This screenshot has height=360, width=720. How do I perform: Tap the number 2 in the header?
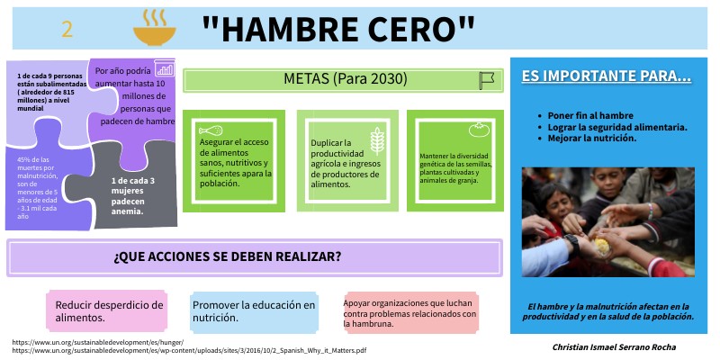pyautogui.click(x=67, y=30)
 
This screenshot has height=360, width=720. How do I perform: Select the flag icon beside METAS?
pyautogui.click(x=487, y=80)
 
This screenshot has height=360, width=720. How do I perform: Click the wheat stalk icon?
pyautogui.click(x=378, y=140)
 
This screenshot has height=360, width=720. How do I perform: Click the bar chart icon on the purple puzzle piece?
pyautogui.click(x=164, y=67)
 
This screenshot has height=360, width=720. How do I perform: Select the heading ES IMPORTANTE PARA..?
pyautogui.click(x=606, y=77)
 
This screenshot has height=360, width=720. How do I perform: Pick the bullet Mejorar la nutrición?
pyautogui.click(x=592, y=138)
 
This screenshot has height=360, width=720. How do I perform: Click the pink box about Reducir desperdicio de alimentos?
pyautogui.click(x=106, y=310)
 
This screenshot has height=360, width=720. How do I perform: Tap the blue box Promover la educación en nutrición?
pyautogui.click(x=254, y=310)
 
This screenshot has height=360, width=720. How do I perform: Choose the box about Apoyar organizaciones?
pyautogui.click(x=410, y=310)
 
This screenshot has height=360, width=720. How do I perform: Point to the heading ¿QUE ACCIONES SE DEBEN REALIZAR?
pyautogui.click(x=227, y=257)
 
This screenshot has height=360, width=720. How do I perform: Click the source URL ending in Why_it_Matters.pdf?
pyautogui.click(x=189, y=350)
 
